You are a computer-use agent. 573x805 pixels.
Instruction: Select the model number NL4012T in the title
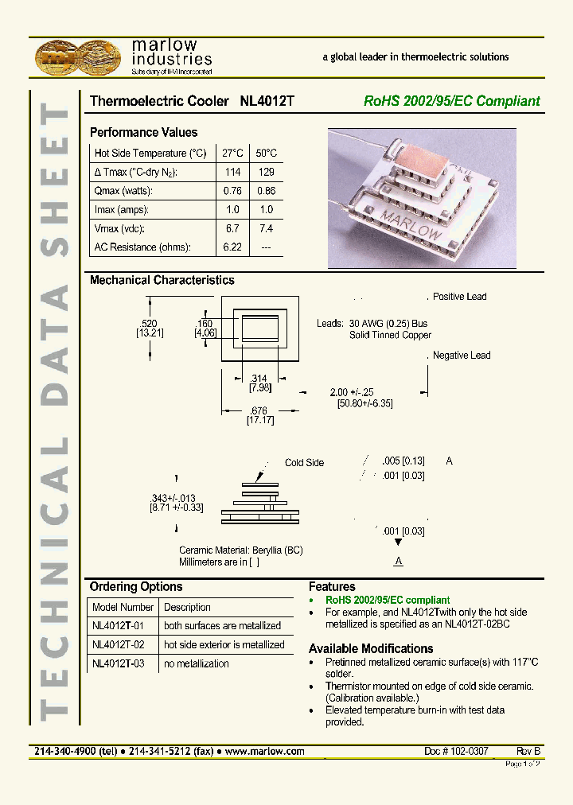[267, 102]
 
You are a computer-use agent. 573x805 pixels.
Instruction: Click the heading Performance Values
[143, 133]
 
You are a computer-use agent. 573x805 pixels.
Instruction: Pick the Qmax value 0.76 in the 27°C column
[232, 191]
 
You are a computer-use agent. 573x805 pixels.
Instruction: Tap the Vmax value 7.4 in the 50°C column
[266, 228]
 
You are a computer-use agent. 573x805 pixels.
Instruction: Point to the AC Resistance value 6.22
[232, 247]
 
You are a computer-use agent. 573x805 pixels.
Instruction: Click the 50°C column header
[266, 153]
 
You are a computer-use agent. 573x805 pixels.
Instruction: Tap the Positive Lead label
[459, 297]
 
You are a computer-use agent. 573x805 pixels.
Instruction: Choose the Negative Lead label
[462, 356]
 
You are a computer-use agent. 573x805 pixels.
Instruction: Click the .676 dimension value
[260, 410]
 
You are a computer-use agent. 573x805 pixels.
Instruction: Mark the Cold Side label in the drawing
[304, 463]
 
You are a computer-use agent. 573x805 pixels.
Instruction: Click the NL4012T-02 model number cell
[118, 645]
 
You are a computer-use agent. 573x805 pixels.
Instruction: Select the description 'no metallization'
[196, 663]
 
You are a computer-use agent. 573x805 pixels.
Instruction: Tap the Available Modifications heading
[370, 648]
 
